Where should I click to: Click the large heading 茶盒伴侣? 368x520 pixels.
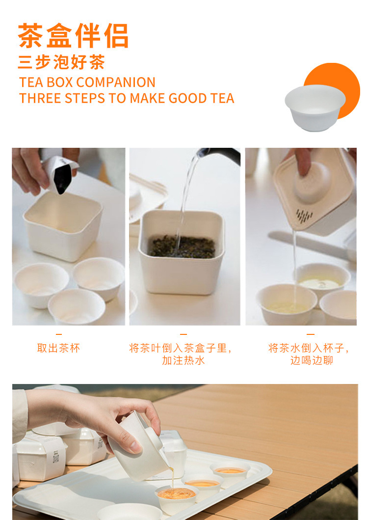73,36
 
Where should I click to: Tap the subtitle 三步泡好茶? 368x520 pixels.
61,62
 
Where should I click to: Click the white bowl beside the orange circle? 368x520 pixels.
315,108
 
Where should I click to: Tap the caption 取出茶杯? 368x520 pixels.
59,348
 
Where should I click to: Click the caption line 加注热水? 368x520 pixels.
184,360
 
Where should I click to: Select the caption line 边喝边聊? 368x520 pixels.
312,360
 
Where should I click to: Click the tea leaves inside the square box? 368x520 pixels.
183,247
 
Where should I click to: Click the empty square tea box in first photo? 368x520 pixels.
63,225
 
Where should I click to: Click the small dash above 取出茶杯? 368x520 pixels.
59,334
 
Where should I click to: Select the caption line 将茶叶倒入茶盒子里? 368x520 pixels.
181,348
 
